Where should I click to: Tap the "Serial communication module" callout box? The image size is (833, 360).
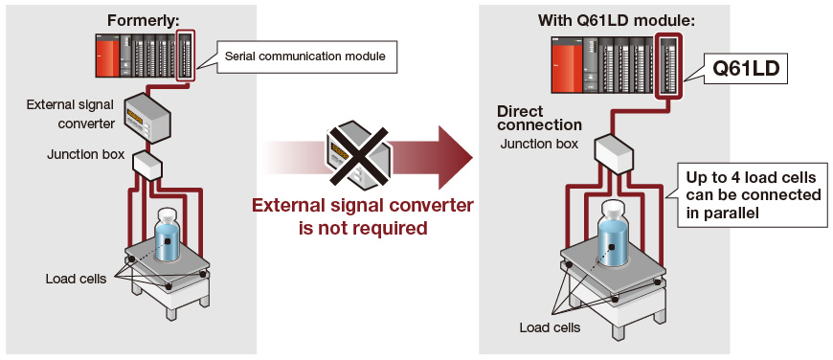[x=304, y=56]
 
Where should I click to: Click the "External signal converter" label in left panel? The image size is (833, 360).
[x=71, y=114]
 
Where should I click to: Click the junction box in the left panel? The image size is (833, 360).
[x=148, y=166]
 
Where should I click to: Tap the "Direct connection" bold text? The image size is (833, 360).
[x=538, y=119]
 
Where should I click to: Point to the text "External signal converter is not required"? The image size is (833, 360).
[x=362, y=217]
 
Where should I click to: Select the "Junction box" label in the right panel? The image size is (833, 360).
[x=539, y=144]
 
